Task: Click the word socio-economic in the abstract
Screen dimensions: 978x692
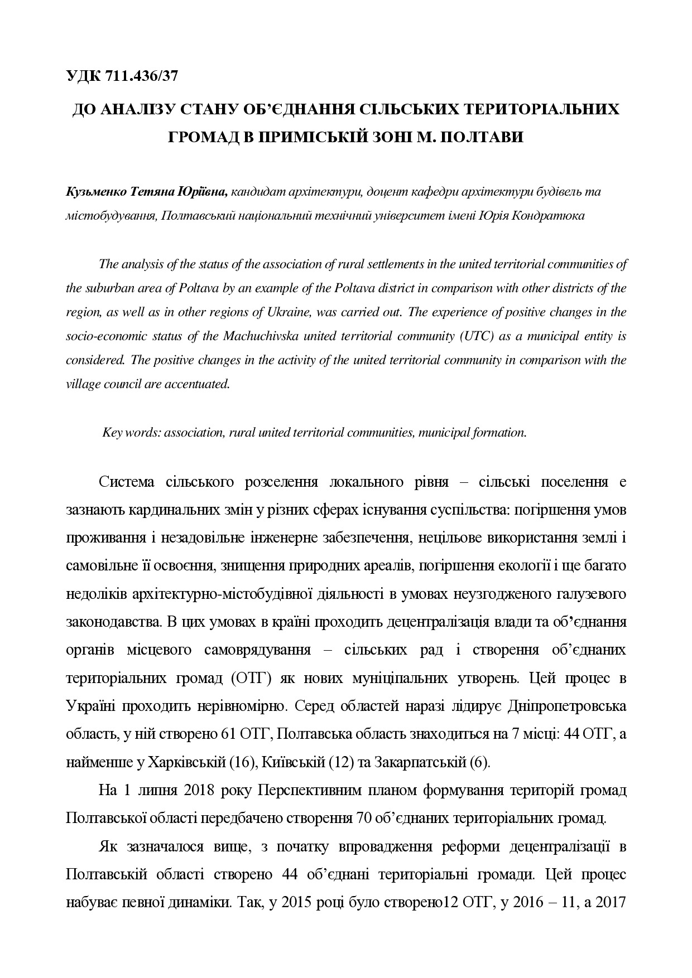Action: pyautogui.click(x=103, y=336)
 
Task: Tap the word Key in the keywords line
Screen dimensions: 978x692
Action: pyautogui.click(x=112, y=433)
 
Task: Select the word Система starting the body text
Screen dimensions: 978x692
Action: pyautogui.click(x=127, y=482)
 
